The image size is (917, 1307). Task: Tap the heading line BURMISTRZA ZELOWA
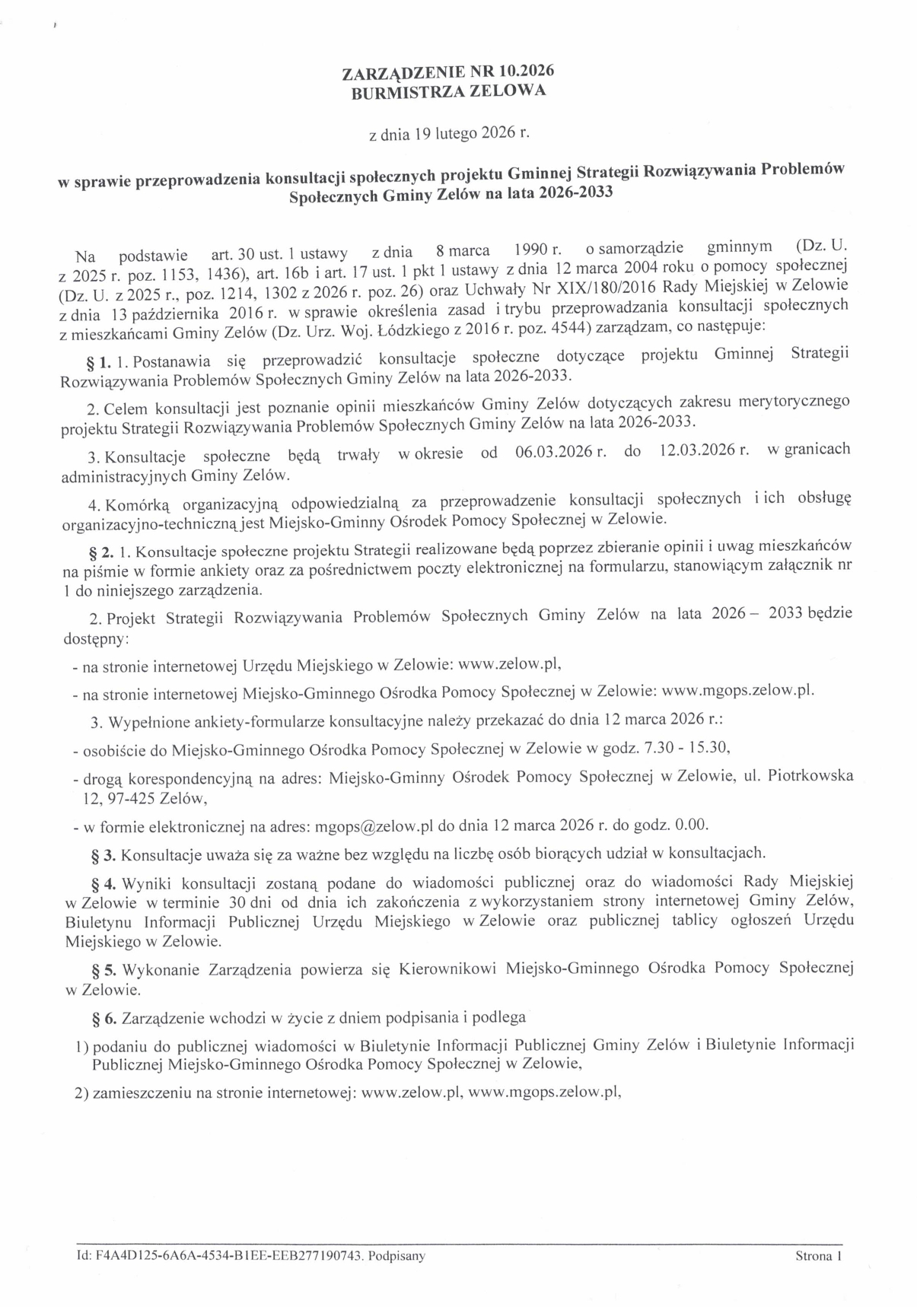point(448,91)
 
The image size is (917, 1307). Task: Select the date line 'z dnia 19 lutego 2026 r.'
point(447,135)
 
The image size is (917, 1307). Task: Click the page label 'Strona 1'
point(819,1256)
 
